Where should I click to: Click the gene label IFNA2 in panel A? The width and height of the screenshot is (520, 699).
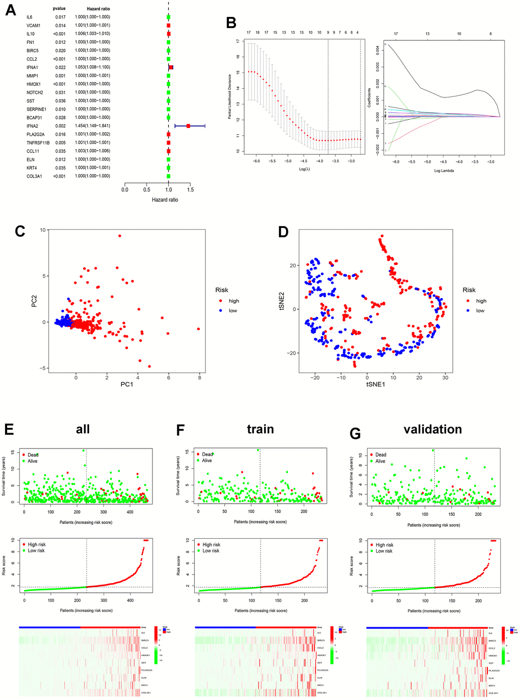point(32,126)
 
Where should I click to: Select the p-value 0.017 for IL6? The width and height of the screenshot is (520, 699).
point(60,17)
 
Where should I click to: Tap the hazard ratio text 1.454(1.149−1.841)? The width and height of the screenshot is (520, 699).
point(92,126)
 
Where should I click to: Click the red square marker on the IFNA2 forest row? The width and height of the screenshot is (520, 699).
point(188,126)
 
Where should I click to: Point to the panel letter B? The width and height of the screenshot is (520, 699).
point(231,23)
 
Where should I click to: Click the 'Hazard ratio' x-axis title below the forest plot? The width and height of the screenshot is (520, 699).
point(165,199)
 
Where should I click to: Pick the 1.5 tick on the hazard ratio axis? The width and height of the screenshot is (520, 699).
point(190,190)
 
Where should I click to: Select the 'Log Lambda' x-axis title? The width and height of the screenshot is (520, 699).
point(444,170)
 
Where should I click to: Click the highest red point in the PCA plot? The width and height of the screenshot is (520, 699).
point(119,236)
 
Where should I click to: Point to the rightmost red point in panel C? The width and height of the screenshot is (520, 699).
point(198,329)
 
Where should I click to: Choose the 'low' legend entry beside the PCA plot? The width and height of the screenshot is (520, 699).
point(232,311)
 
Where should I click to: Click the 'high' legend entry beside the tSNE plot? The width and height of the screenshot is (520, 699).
point(481,301)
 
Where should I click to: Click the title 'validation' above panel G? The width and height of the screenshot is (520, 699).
point(432,430)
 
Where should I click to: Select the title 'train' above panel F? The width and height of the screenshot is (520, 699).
point(260,429)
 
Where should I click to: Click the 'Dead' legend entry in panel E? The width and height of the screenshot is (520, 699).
point(33,455)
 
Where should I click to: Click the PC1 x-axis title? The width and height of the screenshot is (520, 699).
point(126,384)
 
